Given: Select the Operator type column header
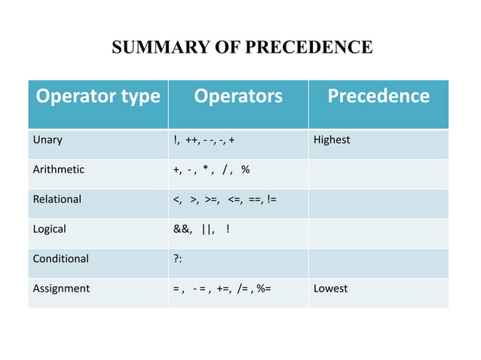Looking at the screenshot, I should click(x=97, y=96).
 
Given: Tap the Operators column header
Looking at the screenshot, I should click(x=237, y=96).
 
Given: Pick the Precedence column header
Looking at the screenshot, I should click(x=378, y=96).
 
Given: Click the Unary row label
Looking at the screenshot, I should click(x=47, y=140).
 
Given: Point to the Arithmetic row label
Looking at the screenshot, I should click(x=58, y=169).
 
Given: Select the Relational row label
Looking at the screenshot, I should click(x=57, y=200).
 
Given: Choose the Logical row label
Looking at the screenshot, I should click(x=49, y=229).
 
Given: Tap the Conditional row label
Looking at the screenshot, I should click(x=60, y=258).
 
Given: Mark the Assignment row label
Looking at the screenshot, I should click(x=60, y=288).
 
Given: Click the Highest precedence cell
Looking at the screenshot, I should click(x=332, y=140).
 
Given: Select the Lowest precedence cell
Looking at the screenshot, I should click(x=331, y=288).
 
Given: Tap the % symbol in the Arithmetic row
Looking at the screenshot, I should click(x=246, y=169).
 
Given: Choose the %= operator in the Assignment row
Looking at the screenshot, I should click(x=264, y=288).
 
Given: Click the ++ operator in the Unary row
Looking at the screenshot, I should click(x=192, y=140).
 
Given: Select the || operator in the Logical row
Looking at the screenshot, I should click(x=207, y=229).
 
